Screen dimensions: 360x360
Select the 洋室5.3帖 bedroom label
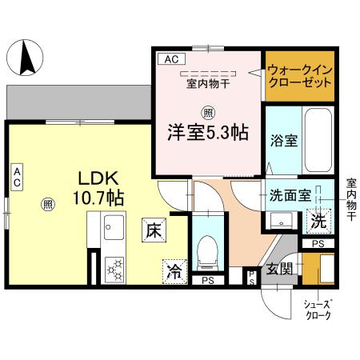206,132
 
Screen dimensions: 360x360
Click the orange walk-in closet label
299,76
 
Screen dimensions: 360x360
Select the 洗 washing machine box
318,218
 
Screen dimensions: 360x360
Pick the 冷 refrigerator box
173,271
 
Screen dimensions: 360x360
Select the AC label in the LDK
17,177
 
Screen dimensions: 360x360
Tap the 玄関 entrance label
278,267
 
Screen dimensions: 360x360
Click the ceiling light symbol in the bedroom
207,111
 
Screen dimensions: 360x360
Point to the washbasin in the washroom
279,221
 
